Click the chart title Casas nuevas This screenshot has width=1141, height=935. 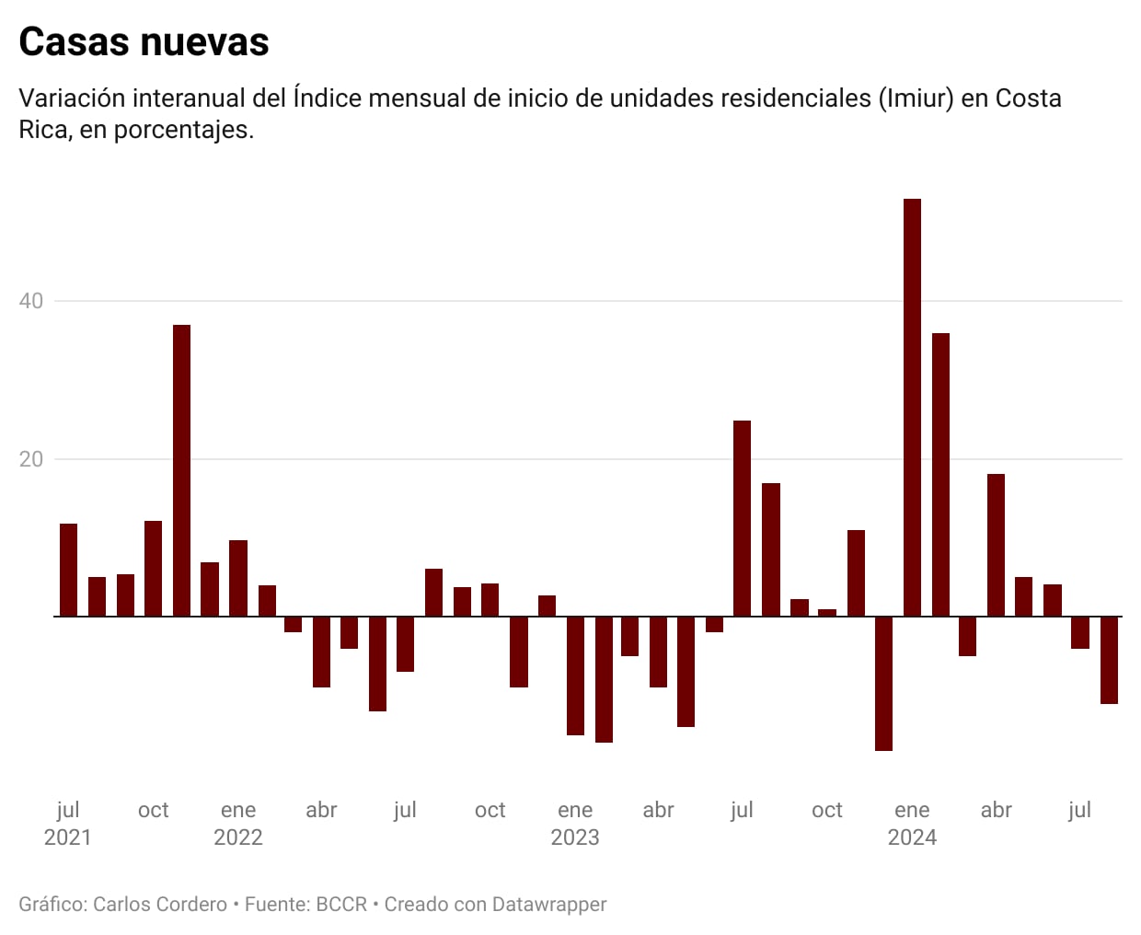(144, 42)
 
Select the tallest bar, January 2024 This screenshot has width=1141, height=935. (912, 407)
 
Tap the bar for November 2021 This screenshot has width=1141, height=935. (181, 470)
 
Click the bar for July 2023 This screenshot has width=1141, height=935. (742, 518)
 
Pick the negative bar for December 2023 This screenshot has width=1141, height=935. (883, 683)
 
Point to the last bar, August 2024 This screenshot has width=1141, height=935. (1109, 660)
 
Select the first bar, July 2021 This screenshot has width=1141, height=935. (68, 570)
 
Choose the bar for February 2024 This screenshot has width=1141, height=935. (940, 474)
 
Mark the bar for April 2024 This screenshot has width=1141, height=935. (996, 545)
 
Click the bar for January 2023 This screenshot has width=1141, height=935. (575, 675)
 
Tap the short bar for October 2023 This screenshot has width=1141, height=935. (826, 612)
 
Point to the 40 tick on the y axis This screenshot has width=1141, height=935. (31, 301)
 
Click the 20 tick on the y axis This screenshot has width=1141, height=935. (31, 459)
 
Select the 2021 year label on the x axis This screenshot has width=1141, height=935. (68, 837)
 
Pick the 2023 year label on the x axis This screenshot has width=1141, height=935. (575, 837)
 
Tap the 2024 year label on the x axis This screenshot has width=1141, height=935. (912, 837)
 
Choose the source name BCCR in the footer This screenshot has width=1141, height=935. (341, 905)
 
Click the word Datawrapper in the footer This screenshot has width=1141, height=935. (550, 905)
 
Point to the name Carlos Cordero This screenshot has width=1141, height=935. (160, 905)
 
